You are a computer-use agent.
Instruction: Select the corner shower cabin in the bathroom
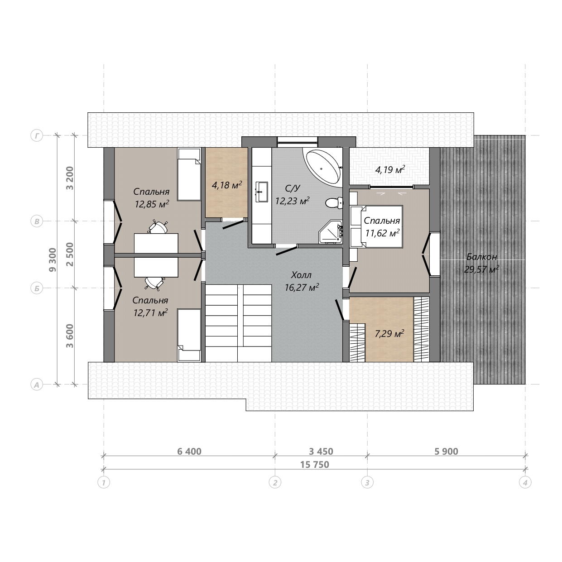[x=331, y=231]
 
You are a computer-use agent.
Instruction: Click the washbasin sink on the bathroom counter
[x=262, y=192]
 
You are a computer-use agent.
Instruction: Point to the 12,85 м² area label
[x=152, y=204]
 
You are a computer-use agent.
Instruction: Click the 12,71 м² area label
[x=150, y=313]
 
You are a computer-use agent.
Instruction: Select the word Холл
[x=301, y=275]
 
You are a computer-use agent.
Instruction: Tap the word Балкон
[x=481, y=257]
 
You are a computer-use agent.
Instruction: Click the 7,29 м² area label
[x=389, y=333]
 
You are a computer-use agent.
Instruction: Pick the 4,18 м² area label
[x=227, y=185]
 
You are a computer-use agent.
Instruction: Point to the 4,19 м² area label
[x=390, y=169]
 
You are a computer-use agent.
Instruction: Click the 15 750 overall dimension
[x=315, y=465]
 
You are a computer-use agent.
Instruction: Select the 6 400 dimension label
[x=189, y=452]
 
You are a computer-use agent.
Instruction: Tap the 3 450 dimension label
[x=321, y=452]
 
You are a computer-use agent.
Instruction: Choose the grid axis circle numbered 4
[x=525, y=483]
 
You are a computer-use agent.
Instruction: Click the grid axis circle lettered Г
[x=37, y=135]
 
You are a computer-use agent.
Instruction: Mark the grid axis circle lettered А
[x=37, y=384]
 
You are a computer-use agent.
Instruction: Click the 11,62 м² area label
[x=382, y=233]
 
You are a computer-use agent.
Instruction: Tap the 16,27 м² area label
[x=302, y=288]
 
